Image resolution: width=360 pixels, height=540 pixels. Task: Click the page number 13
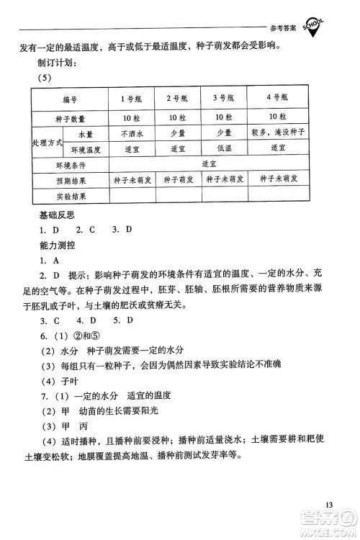click(x=330, y=504)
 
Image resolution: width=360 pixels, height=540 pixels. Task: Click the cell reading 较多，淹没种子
click(x=277, y=134)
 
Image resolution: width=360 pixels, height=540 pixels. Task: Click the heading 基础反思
click(x=57, y=215)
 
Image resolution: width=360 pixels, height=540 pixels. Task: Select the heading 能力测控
click(x=57, y=246)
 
